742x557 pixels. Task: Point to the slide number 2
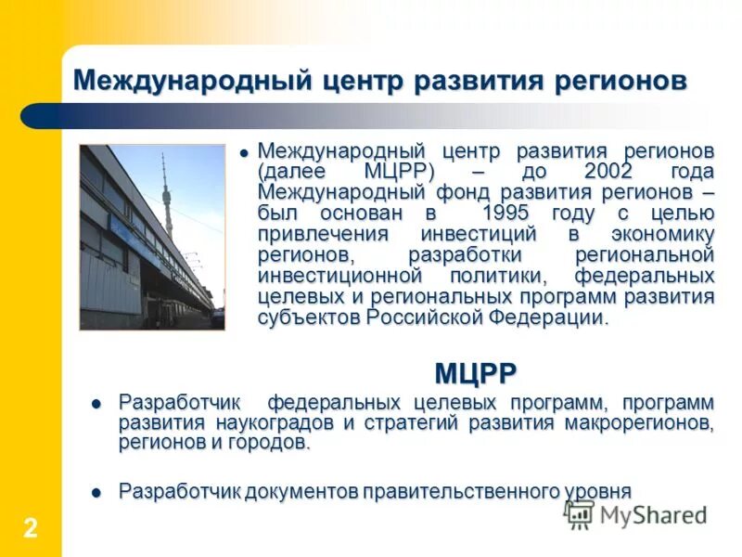tap(31, 529)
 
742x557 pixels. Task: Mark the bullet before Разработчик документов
tap(96, 492)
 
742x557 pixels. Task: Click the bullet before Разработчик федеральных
tap(96, 404)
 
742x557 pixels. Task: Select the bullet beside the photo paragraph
tap(244, 151)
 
